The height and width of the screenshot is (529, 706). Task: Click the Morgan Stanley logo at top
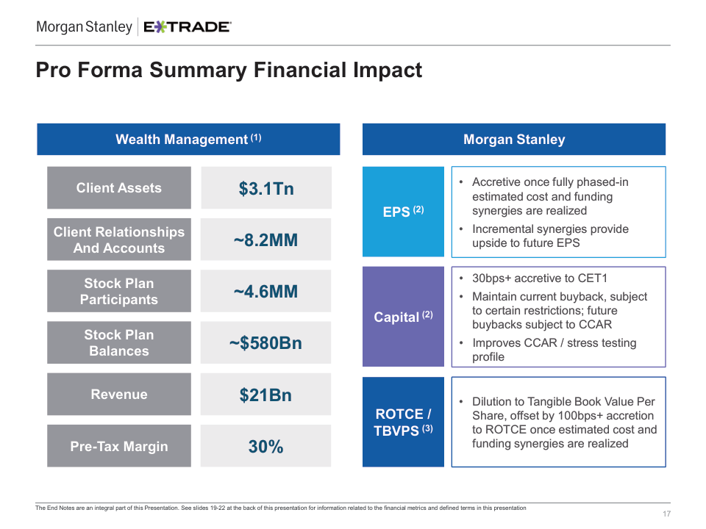click(x=84, y=27)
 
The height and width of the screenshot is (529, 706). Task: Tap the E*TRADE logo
click(x=187, y=27)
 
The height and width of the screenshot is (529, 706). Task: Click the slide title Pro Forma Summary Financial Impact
click(x=229, y=71)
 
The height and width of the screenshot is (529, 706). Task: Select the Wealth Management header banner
click(x=188, y=140)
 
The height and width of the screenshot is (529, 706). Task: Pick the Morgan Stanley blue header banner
click(x=514, y=140)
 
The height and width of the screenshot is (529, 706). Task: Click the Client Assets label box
click(x=119, y=188)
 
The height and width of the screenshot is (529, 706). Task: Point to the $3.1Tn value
click(x=266, y=189)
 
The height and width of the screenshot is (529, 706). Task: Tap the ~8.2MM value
click(x=266, y=240)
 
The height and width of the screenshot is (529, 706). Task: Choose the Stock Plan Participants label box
click(x=119, y=292)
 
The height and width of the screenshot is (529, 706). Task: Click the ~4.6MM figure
click(x=266, y=292)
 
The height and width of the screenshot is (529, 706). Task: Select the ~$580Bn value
click(x=266, y=343)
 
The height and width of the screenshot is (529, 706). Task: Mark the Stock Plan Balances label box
click(x=119, y=343)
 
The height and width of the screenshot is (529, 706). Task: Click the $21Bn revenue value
click(x=266, y=395)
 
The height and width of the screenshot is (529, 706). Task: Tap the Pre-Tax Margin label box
click(x=119, y=447)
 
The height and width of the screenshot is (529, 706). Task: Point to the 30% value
click(x=266, y=447)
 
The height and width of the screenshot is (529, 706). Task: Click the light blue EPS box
click(x=404, y=212)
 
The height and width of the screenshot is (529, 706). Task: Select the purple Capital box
click(x=404, y=317)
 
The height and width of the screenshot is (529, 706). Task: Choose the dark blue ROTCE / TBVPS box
click(x=404, y=422)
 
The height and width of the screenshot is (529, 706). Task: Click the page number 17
click(x=666, y=514)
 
